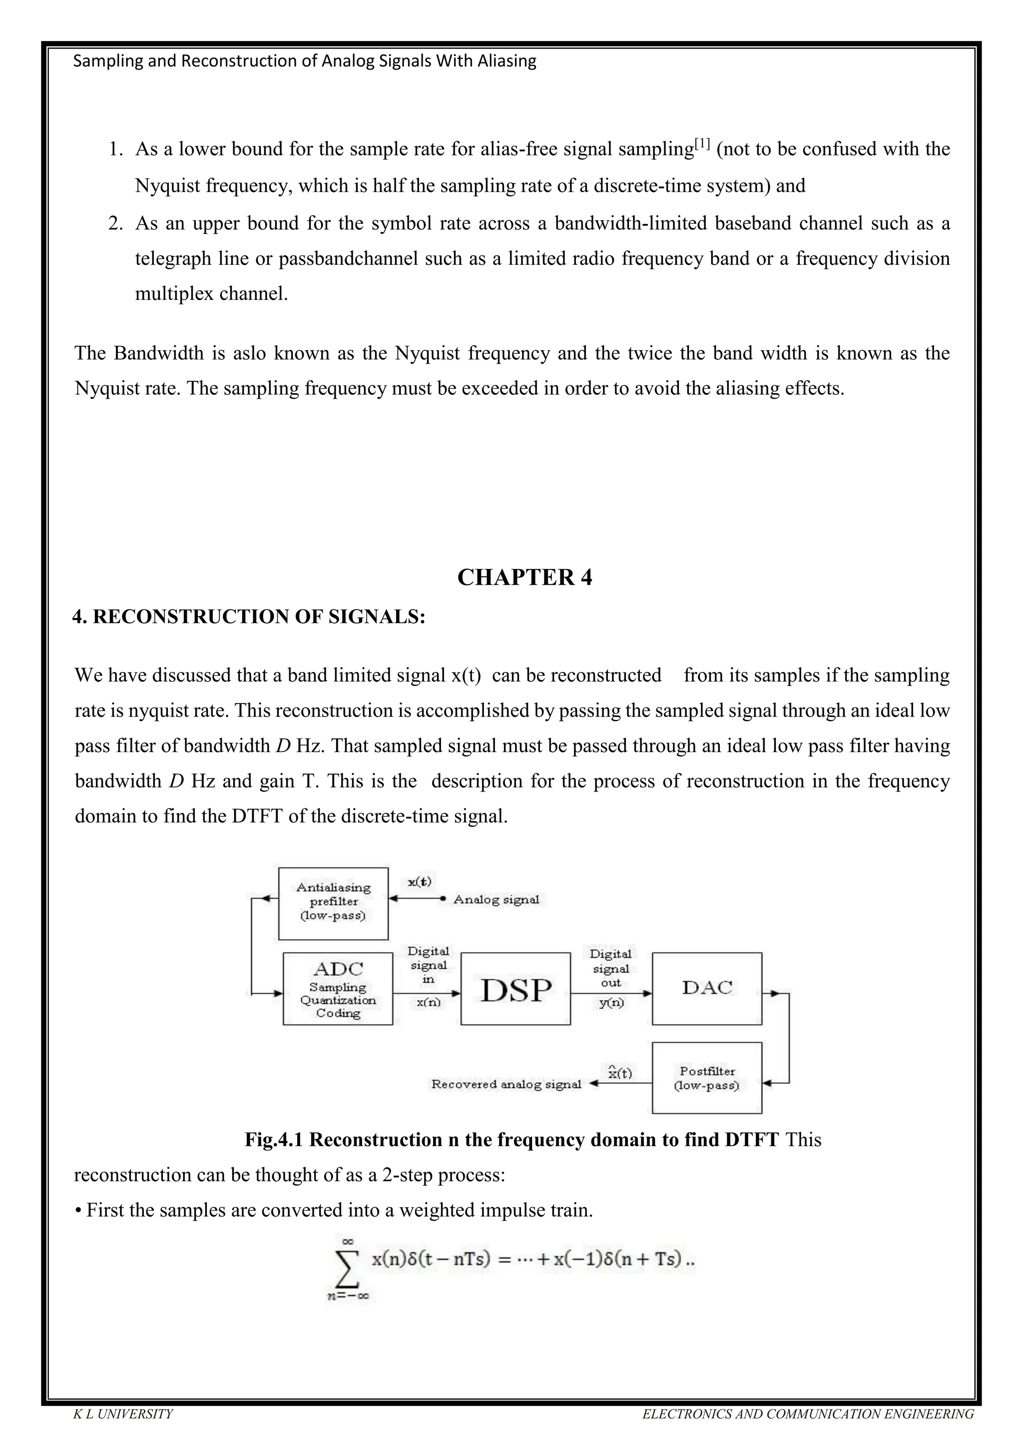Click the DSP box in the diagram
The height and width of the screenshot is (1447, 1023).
[x=515, y=989]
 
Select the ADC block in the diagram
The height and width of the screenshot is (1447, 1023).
[x=338, y=989]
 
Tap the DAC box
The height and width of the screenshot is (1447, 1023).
[x=707, y=988]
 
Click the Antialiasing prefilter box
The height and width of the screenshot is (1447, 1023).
[x=333, y=902]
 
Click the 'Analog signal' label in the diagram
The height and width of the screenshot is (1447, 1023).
[x=497, y=899]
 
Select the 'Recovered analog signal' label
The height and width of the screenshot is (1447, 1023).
[x=506, y=1084]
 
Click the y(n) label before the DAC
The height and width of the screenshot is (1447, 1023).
[x=611, y=1003]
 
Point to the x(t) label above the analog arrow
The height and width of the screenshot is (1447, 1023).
[x=419, y=882]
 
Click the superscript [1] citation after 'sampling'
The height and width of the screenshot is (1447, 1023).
[x=702, y=144]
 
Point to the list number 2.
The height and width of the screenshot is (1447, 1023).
[x=115, y=224]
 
